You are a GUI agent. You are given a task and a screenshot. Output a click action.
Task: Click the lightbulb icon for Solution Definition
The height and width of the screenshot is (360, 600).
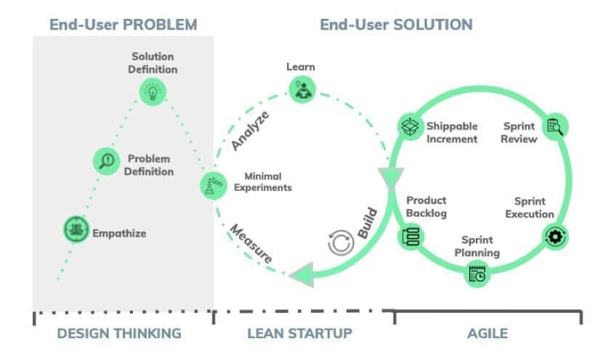tap(153, 91)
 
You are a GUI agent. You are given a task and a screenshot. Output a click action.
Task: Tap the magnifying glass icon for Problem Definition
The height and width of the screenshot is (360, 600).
tap(107, 160)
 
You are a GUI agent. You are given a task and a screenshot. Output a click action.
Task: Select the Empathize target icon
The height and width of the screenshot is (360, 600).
tap(75, 232)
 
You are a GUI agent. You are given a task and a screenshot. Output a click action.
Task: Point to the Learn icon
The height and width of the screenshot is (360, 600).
tap(301, 89)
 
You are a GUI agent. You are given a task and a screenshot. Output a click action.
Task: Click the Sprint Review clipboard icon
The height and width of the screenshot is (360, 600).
tap(555, 126)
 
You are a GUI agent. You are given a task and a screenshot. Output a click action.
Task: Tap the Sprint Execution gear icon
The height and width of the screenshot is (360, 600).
tap(556, 235)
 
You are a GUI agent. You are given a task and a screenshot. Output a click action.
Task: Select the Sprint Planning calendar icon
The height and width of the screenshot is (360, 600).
tap(478, 274)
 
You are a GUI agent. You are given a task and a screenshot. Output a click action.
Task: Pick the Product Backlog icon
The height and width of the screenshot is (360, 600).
tap(408, 236)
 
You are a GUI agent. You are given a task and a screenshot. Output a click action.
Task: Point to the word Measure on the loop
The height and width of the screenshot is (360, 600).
tap(251, 245)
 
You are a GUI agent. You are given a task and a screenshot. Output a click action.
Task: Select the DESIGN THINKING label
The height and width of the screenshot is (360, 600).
tap(118, 334)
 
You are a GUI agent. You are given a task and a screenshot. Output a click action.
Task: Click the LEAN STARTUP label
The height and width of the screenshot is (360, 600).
tap(299, 334)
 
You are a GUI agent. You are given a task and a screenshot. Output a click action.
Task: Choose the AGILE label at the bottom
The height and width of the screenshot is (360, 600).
tap(487, 334)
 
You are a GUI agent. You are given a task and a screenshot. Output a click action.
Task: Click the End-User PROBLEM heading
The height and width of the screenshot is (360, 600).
tap(123, 25)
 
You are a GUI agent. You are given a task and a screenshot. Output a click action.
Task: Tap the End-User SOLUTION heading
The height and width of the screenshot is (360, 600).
tap(396, 25)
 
